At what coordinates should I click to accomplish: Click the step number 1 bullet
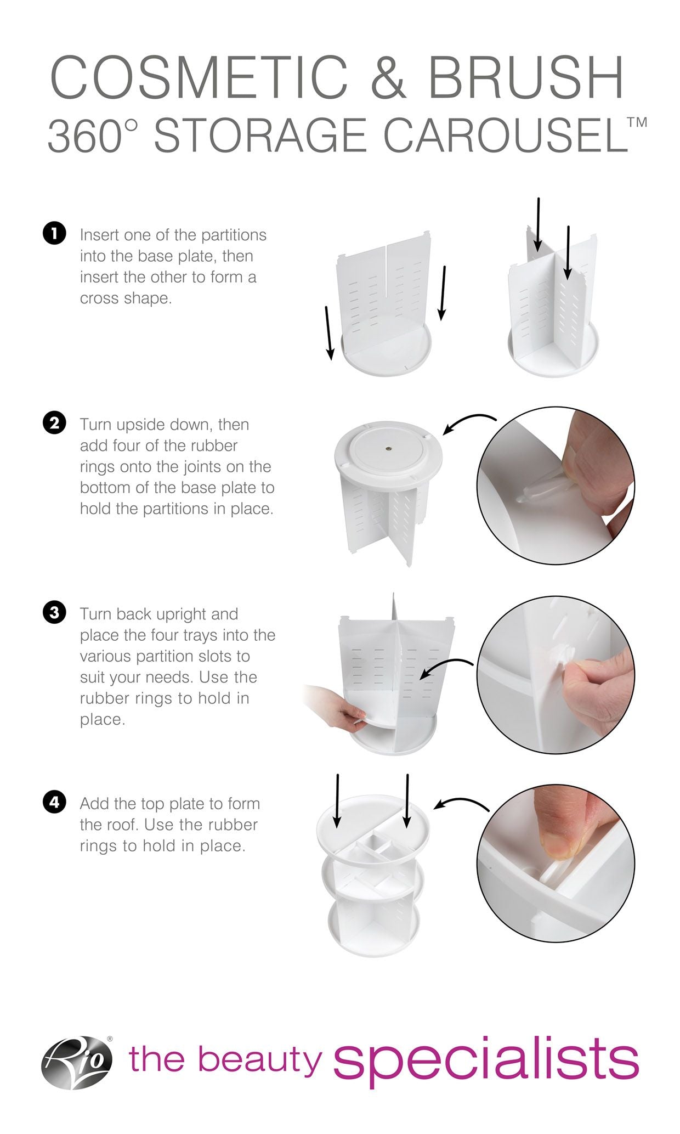tap(54, 234)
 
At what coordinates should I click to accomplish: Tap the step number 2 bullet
tap(54, 424)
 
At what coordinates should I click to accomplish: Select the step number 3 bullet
tap(54, 613)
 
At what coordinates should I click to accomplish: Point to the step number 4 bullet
tap(54, 803)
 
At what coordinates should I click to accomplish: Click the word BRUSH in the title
tap(525, 78)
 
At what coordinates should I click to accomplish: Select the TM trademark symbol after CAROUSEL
tap(637, 122)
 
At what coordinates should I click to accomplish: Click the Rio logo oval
tap(77, 1063)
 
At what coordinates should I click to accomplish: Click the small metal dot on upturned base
tap(388, 448)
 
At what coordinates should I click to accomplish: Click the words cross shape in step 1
tap(126, 298)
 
